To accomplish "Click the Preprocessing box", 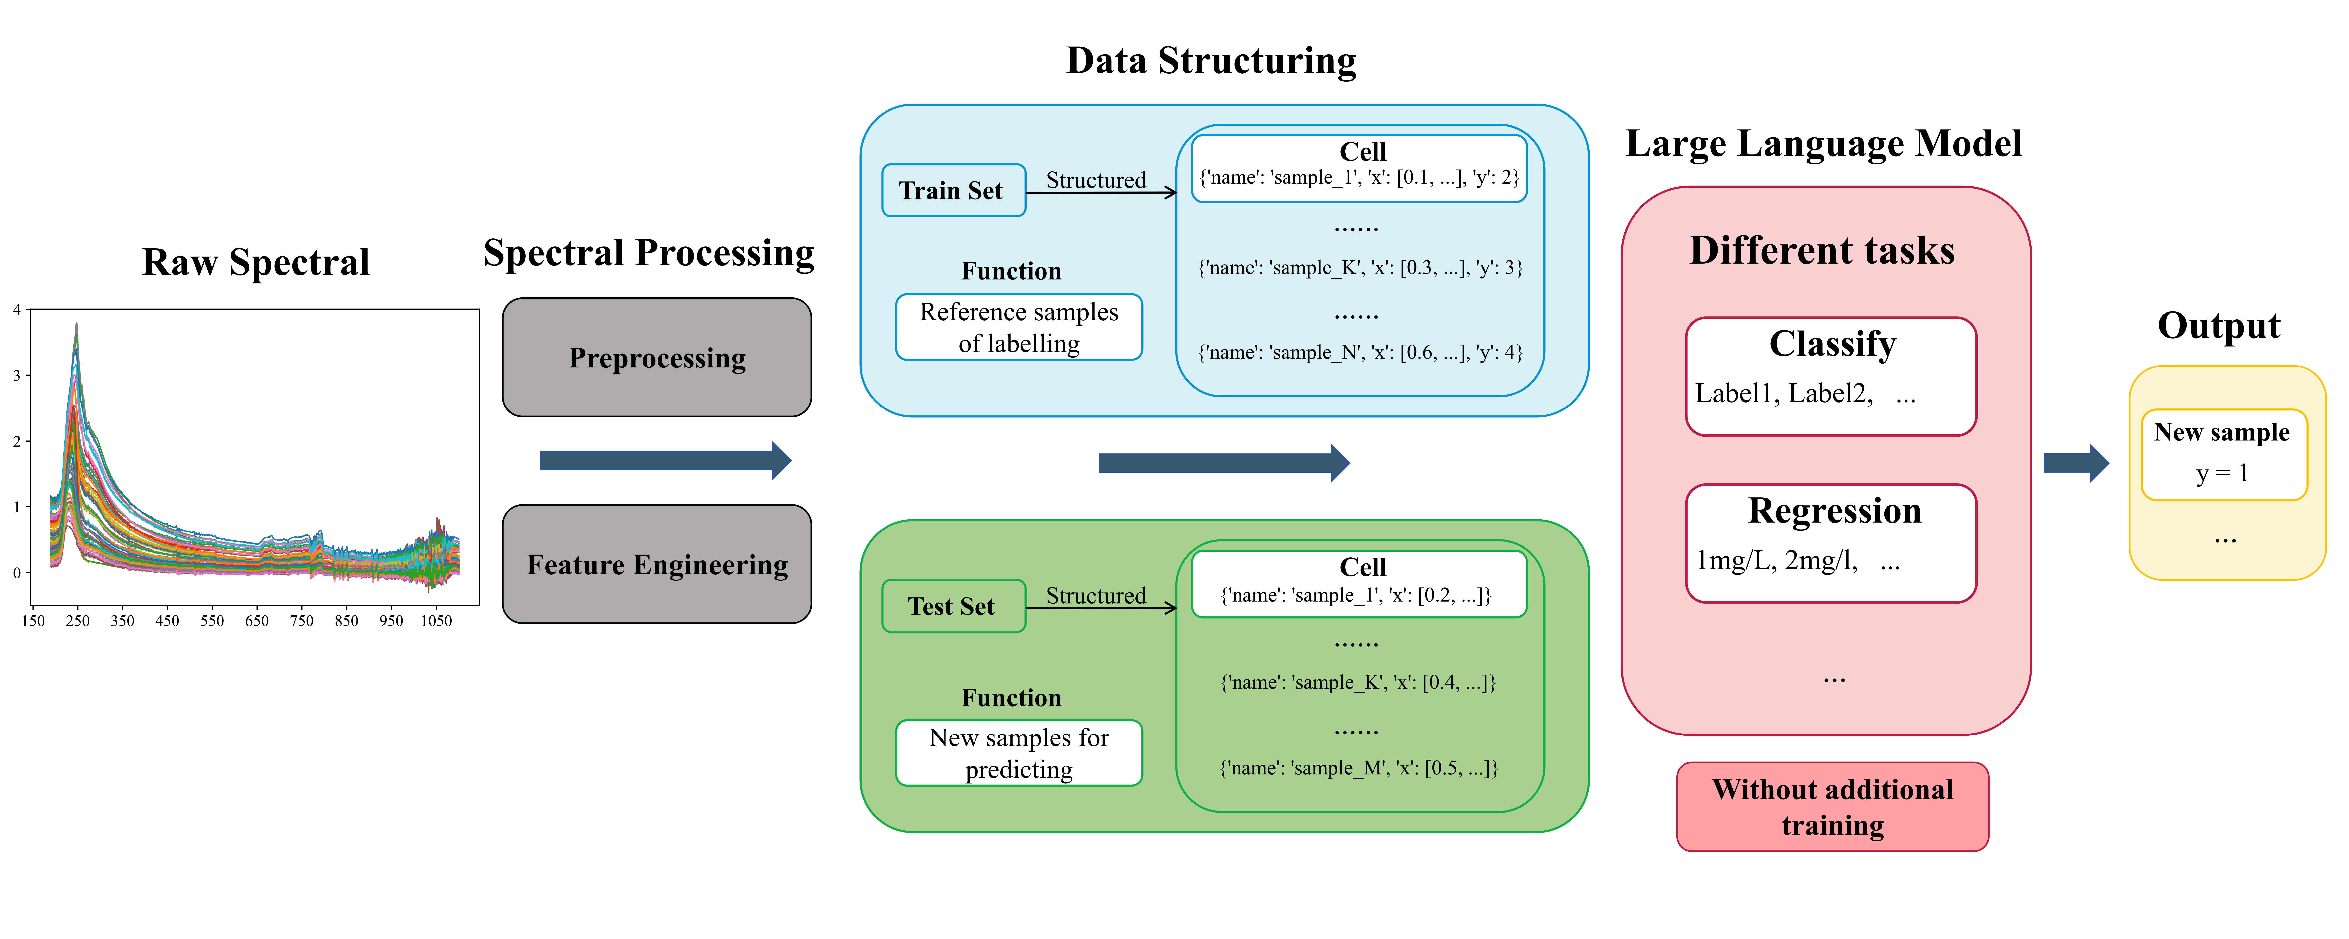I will click(x=657, y=357).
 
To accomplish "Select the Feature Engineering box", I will click(x=657, y=564).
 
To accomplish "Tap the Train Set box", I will click(x=953, y=191).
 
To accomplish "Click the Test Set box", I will click(x=953, y=606).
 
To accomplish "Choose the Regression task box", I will click(x=1831, y=543).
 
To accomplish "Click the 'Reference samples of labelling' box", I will click(x=1019, y=327).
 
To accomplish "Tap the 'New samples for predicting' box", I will click(x=1019, y=753).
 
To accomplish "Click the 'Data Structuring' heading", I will click(x=1211, y=61).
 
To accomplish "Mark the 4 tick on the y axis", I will click(x=16, y=310).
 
